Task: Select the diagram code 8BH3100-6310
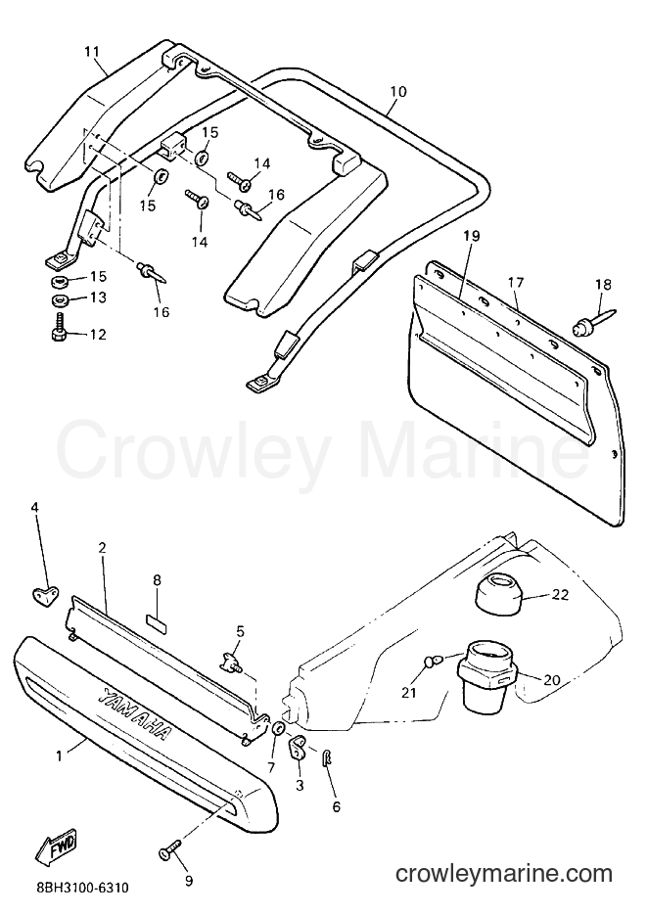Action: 77,889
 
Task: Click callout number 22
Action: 561,595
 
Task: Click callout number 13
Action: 98,297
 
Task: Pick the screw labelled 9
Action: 169,842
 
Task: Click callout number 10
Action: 398,92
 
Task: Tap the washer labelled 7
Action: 278,729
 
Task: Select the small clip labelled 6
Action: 328,757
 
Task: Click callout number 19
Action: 472,236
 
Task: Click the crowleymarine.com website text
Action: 504,874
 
